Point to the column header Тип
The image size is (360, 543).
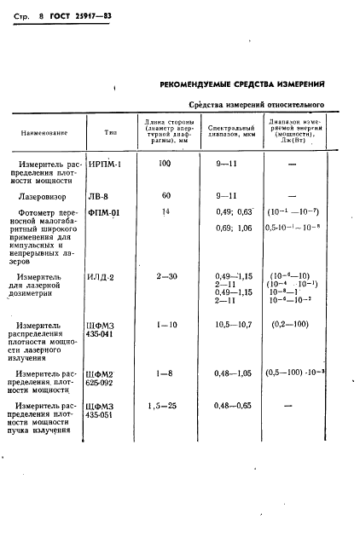(111, 132)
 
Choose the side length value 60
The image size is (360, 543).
(166, 195)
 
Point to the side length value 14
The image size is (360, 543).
(166, 211)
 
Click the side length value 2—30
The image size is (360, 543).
(167, 277)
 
